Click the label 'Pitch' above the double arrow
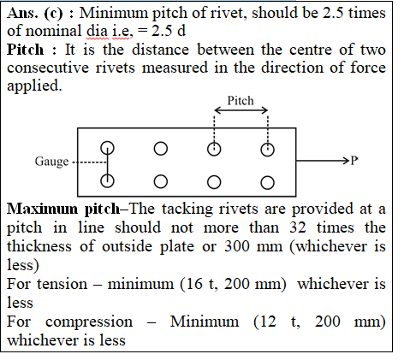241,101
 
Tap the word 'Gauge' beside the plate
51,162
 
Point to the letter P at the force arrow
353,161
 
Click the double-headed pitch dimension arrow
241,110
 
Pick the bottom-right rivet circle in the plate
267,183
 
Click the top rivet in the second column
161,149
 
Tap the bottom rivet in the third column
214,182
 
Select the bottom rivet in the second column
161,181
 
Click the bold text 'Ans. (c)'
34,13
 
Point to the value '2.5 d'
169,31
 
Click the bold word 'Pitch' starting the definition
26,50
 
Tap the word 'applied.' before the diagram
34,86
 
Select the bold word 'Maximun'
42,209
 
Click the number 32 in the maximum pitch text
298,227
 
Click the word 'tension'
62,285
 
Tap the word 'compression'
89,322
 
